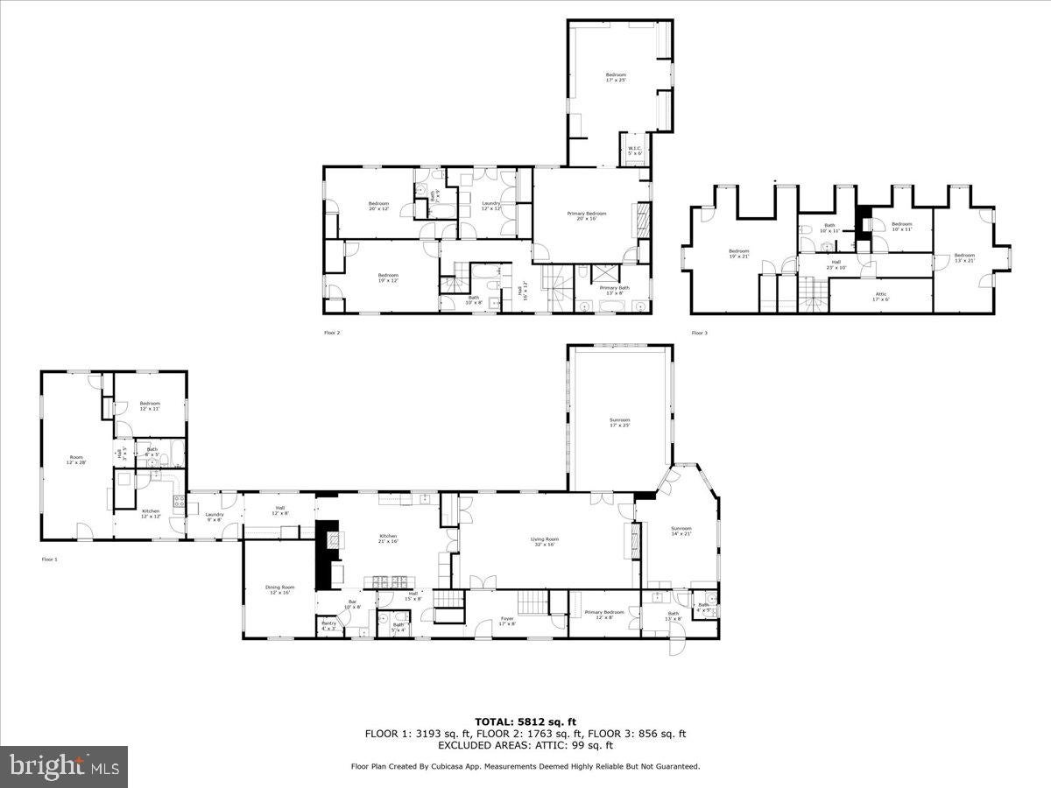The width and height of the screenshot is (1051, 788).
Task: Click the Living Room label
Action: click(x=545, y=542)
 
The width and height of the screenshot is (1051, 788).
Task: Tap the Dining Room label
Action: click(x=279, y=589)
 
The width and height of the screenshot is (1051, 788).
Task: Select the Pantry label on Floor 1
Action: click(x=328, y=625)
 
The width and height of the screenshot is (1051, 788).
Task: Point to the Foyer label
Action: click(x=506, y=622)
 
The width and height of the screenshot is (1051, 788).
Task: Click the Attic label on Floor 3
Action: click(x=880, y=296)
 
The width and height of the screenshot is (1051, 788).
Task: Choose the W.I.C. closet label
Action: click(x=634, y=151)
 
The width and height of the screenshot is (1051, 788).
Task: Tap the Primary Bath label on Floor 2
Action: click(x=613, y=290)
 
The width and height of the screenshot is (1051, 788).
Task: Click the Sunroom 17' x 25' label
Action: click(x=619, y=422)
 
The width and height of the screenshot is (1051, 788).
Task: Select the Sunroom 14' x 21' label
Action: click(x=681, y=531)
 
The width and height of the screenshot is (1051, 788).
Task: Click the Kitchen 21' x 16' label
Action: click(x=388, y=538)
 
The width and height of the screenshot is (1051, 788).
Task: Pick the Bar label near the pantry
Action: click(x=352, y=604)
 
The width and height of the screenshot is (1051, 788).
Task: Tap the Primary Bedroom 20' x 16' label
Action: click(x=586, y=215)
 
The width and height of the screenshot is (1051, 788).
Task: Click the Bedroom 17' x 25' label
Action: click(x=616, y=77)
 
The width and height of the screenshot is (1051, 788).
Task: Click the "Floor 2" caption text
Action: click(x=332, y=333)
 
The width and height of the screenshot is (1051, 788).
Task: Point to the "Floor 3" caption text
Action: click(x=699, y=333)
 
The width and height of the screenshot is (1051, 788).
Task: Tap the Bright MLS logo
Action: click(x=64, y=767)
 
